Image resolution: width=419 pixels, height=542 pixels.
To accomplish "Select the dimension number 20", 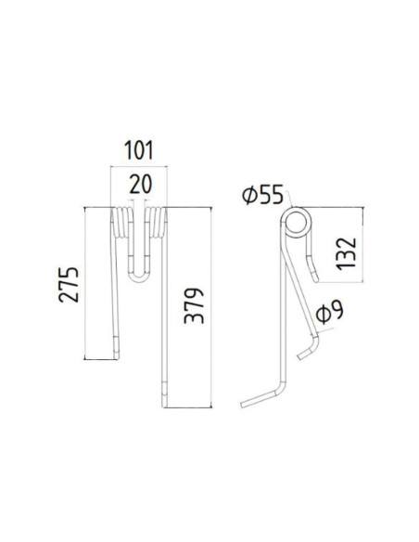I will point(139,183).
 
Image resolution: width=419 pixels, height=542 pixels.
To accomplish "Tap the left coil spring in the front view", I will point(121,226).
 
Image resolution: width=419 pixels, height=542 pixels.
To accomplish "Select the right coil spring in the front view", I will point(158,226).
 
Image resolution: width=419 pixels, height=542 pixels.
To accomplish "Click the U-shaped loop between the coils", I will point(139,272).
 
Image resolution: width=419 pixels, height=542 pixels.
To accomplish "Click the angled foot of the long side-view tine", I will point(259,399).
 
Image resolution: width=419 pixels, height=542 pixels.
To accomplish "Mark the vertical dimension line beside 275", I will point(86,283).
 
